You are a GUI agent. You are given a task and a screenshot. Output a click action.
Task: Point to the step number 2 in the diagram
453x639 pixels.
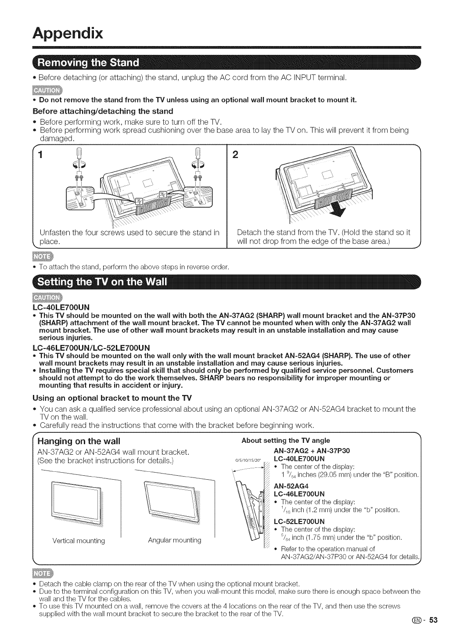(x=237, y=157)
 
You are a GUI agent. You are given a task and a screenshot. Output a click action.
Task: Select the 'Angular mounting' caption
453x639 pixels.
(x=175, y=540)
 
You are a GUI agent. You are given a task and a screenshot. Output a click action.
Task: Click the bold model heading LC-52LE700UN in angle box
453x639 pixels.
(x=299, y=521)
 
